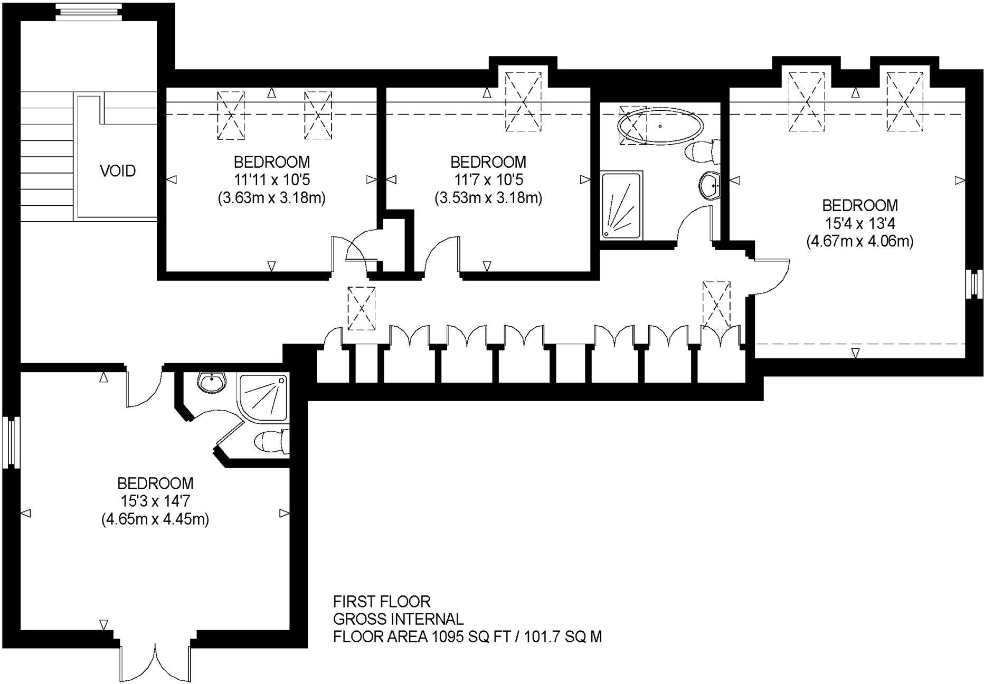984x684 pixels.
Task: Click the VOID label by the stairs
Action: click(118, 171)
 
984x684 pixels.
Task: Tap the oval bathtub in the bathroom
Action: click(661, 126)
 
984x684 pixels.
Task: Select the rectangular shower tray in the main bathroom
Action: click(622, 205)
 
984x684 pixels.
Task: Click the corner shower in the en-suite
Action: click(262, 397)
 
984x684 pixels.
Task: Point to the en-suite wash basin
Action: click(212, 382)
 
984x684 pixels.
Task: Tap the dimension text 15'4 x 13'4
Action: click(859, 224)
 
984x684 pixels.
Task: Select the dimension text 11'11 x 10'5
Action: click(271, 180)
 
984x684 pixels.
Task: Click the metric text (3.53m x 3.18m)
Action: click(488, 198)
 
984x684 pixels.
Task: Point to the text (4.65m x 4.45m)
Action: click(155, 519)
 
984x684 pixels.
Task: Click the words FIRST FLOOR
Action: click(382, 602)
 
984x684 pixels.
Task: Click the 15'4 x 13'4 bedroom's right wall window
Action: click(972, 284)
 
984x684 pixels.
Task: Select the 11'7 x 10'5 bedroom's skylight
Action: click(523, 102)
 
